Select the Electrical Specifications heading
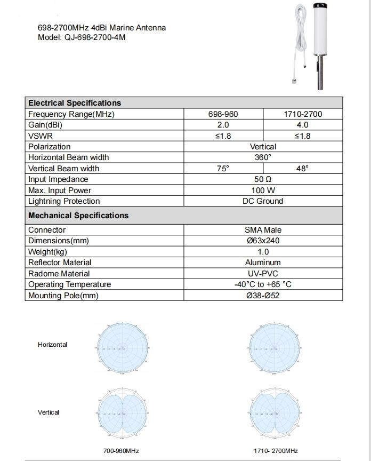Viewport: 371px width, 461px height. [x=75, y=103]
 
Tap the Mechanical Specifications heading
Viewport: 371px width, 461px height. [x=78, y=216]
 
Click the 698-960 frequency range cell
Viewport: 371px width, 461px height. [x=223, y=114]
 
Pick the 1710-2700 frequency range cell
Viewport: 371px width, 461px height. [x=302, y=114]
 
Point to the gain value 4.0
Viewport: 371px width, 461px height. [x=302, y=125]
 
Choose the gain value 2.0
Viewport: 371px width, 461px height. [x=223, y=125]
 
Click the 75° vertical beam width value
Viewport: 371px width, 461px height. [x=223, y=169]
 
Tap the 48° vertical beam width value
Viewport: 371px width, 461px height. [x=302, y=169]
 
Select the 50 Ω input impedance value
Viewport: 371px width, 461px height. [x=263, y=179]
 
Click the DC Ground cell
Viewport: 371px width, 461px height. [x=263, y=201]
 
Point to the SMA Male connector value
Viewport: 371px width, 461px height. [x=263, y=230]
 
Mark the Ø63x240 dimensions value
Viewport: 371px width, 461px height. [x=263, y=241]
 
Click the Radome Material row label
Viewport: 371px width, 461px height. [x=59, y=274]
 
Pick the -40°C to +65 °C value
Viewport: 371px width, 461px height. [x=263, y=284]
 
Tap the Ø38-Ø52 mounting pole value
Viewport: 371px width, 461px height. [x=263, y=296]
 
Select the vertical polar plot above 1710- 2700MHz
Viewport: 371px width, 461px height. [x=275, y=414]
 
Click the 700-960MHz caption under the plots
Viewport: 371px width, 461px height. [x=121, y=451]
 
